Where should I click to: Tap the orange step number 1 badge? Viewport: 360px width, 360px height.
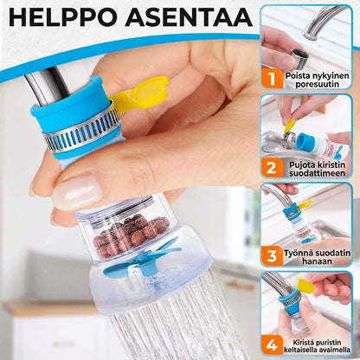(272, 78)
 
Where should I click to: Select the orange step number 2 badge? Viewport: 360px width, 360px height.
(272, 168)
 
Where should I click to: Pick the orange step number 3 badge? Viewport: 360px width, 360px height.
(272, 256)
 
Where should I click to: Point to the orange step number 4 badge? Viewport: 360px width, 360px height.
(272, 344)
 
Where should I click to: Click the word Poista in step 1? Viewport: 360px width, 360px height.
(297, 76)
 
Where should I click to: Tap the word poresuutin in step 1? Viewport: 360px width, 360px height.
(318, 85)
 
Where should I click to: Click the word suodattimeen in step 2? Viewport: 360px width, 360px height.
(318, 173)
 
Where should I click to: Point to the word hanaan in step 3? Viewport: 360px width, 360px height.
(317, 261)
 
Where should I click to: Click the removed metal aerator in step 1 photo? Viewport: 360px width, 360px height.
(300, 58)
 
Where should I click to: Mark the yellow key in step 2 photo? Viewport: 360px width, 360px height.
(290, 127)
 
